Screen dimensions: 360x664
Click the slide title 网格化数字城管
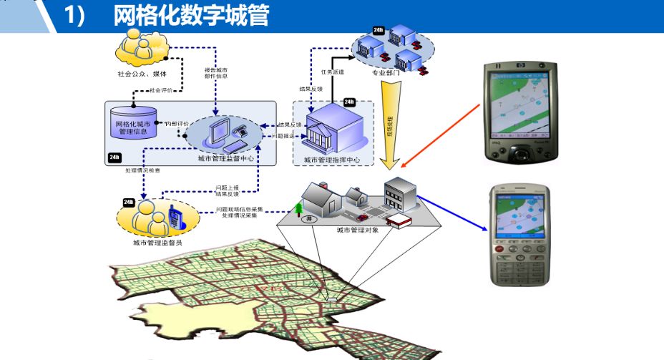tap(191, 16)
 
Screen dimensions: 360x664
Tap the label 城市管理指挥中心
tap(331, 160)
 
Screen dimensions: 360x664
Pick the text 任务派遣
tap(332, 72)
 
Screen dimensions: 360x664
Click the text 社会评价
tap(161, 90)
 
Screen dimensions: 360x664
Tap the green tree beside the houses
tap(298, 209)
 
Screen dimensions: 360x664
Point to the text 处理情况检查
tap(142, 170)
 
